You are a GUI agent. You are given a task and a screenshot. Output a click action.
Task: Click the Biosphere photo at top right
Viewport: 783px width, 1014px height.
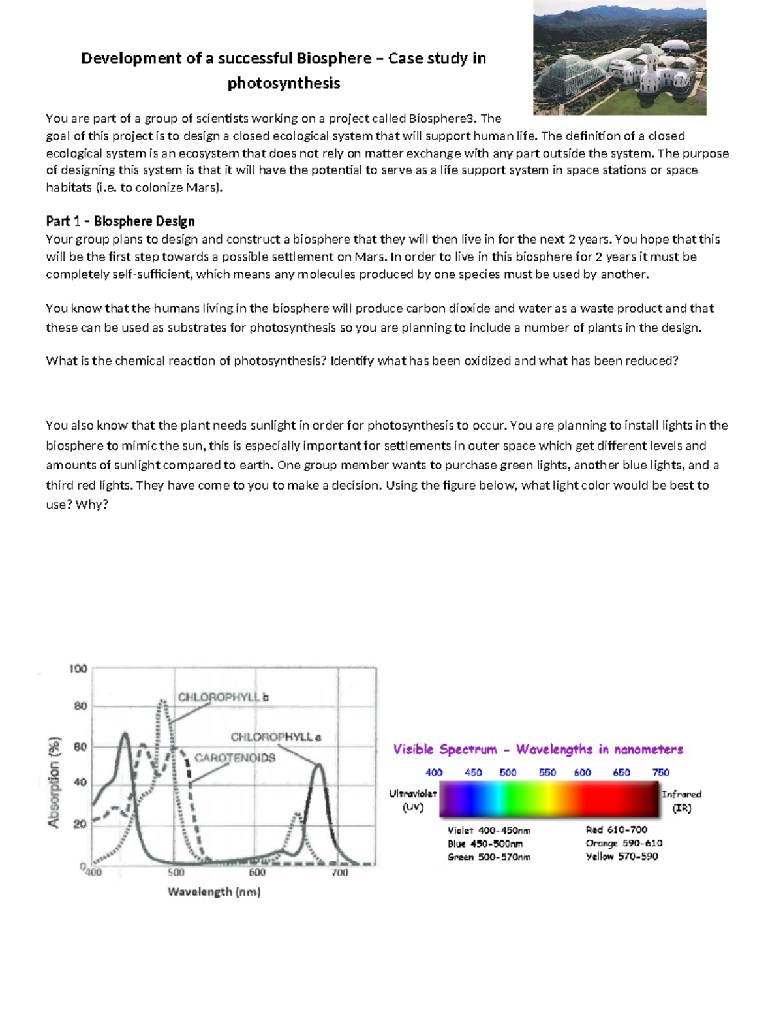pos(619,57)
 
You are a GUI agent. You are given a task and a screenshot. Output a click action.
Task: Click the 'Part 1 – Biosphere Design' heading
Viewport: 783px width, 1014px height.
pos(120,221)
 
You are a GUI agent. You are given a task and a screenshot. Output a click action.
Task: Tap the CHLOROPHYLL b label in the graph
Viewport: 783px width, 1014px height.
pos(223,697)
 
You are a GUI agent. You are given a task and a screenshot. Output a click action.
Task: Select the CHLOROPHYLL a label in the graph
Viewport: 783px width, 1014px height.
pos(275,737)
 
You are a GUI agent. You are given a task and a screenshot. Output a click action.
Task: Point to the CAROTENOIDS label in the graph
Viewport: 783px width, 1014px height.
pos(235,758)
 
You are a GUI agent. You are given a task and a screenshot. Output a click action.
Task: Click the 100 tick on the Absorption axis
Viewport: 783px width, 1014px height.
pos(78,669)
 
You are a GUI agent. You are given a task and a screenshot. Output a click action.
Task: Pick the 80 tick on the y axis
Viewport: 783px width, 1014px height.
pos(80,706)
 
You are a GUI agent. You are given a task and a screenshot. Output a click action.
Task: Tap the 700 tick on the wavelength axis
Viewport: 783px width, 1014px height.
pos(340,872)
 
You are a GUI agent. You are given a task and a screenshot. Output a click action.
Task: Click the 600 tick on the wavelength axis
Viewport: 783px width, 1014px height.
pos(257,872)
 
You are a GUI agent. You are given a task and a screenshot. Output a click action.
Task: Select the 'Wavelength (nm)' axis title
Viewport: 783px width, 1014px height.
pos(214,892)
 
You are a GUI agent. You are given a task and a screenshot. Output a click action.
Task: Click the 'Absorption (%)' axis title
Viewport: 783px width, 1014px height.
pos(55,782)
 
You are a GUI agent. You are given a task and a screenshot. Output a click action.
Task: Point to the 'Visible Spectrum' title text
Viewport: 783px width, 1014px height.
pos(445,750)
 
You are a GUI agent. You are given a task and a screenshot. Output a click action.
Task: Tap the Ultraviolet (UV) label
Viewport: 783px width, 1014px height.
pos(412,800)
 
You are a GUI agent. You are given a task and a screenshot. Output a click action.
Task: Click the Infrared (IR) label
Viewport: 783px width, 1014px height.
pos(681,800)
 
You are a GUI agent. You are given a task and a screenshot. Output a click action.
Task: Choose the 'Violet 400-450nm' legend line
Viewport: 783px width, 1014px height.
pos(489,831)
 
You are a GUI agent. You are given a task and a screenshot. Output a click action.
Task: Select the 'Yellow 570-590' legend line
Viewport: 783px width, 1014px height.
pos(621,857)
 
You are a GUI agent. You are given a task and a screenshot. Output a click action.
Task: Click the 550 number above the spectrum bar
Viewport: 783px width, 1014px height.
pos(547,772)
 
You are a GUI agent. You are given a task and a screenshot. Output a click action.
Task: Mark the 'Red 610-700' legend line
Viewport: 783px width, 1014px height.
pos(616,830)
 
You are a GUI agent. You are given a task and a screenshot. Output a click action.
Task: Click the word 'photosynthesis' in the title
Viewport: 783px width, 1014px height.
pos(283,84)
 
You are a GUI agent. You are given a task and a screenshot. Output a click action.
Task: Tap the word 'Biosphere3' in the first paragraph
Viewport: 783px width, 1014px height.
pos(442,118)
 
